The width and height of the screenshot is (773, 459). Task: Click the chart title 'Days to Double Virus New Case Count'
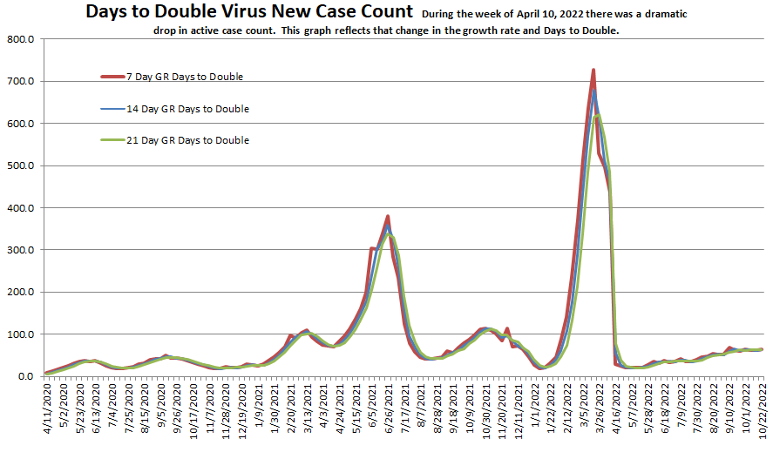[248, 12]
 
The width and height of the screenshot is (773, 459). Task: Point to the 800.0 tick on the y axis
[20, 40]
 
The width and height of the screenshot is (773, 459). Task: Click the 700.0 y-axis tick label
[20, 82]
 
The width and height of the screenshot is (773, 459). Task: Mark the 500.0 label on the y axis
[20, 166]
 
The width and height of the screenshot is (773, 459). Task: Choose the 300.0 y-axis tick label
[20, 250]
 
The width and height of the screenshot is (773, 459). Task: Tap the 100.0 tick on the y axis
[20, 334]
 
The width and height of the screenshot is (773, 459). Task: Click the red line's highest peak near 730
[593, 70]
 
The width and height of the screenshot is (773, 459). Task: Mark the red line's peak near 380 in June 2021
[387, 216]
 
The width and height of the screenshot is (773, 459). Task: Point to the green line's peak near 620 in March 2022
[598, 115]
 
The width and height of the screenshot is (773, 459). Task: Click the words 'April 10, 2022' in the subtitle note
[541, 14]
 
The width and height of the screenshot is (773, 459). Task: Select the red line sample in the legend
[112, 77]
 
